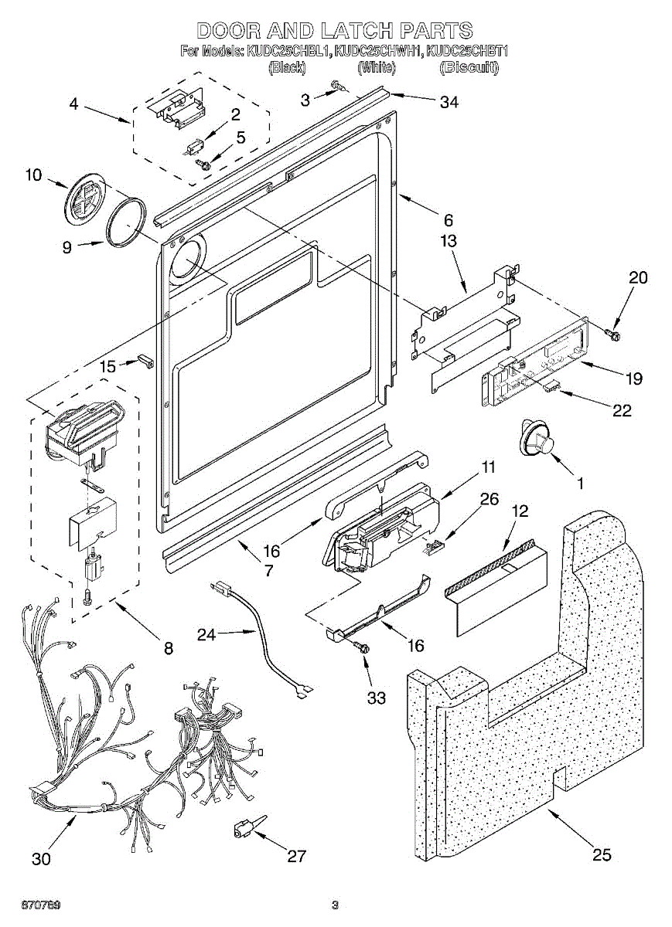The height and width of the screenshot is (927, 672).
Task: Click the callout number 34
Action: click(x=449, y=102)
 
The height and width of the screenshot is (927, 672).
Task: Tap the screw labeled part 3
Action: click(x=339, y=87)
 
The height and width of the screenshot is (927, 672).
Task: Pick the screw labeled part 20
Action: click(x=612, y=334)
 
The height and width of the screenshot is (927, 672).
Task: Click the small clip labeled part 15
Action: click(x=146, y=361)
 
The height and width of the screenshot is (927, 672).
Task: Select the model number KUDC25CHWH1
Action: click(x=379, y=51)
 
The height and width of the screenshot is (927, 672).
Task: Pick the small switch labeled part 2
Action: click(x=192, y=148)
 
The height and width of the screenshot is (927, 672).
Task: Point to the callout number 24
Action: click(x=206, y=634)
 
